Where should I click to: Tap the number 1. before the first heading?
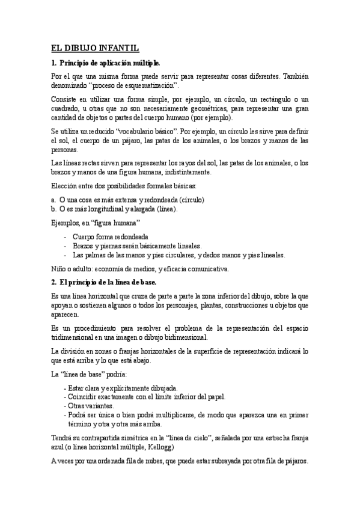coord(53,63)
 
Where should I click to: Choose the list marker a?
coord(53,198)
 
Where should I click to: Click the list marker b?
coord(53,209)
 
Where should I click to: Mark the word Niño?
coord(58,268)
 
